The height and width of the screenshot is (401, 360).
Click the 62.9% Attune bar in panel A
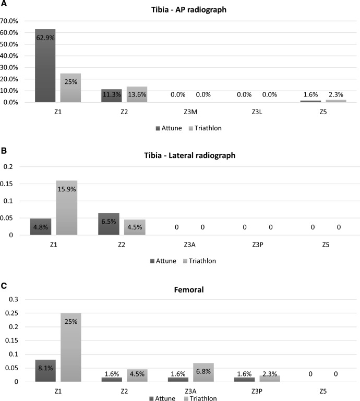tap(45, 66)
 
